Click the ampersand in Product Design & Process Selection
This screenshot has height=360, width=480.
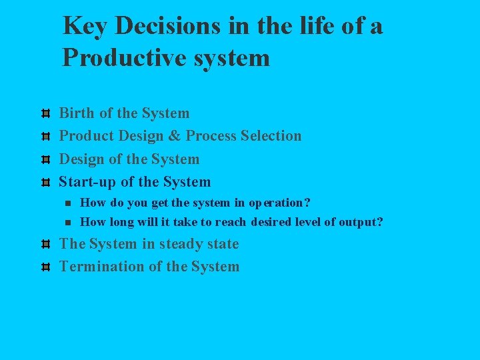click(x=174, y=136)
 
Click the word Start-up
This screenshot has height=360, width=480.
click(x=87, y=182)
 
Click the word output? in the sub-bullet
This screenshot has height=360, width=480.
click(x=361, y=222)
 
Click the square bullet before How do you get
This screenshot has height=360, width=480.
click(x=68, y=203)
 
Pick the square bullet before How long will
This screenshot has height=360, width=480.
click(x=68, y=222)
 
